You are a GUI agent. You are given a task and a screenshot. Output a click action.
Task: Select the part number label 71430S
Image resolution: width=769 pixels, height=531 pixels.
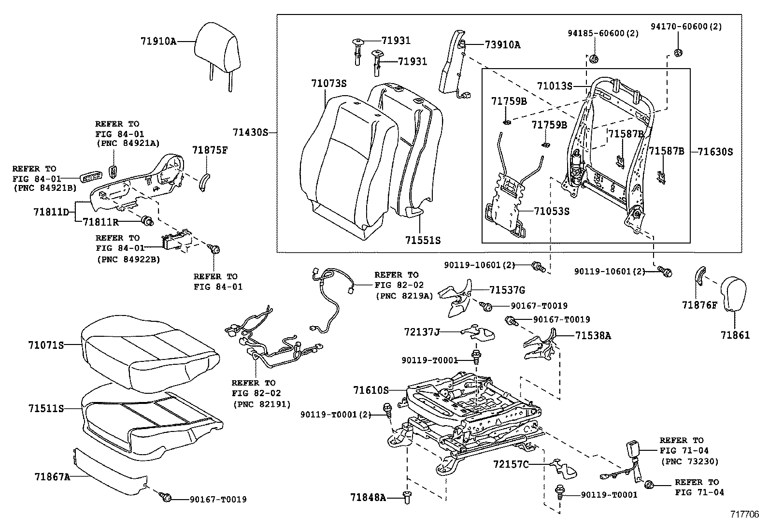[x=250, y=132]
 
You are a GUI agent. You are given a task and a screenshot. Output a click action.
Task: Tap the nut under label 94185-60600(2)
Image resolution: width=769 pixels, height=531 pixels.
[x=594, y=59]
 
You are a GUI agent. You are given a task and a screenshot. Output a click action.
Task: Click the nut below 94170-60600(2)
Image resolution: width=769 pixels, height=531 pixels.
[x=678, y=52]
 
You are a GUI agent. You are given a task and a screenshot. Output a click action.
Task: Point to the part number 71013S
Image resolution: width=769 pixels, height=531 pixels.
[x=554, y=86]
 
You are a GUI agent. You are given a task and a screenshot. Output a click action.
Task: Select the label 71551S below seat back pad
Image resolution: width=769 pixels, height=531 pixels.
[x=423, y=240]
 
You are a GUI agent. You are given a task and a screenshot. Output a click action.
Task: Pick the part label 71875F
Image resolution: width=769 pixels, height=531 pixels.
[x=209, y=150]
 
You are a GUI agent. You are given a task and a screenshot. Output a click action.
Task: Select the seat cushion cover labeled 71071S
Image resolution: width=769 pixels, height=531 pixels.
[x=150, y=348]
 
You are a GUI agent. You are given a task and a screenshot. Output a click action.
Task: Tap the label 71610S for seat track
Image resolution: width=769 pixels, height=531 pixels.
[x=370, y=389]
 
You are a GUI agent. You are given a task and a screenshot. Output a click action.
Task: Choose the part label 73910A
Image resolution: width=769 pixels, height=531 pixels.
[x=502, y=45]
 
